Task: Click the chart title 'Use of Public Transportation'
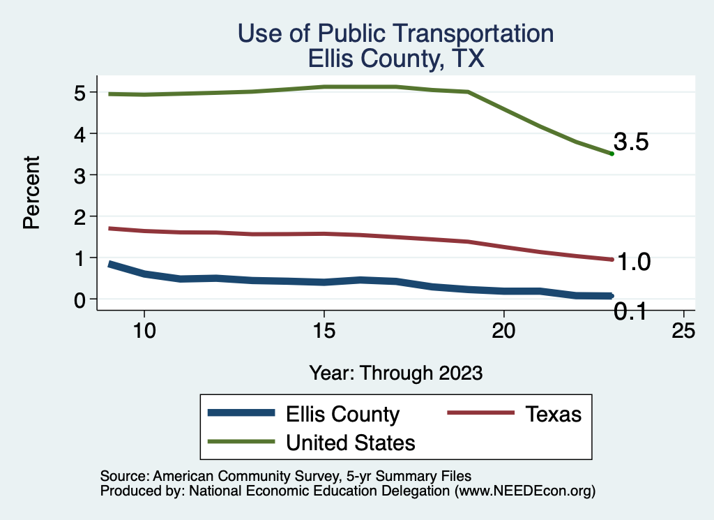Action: (x=395, y=34)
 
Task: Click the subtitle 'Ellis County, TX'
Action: (x=395, y=59)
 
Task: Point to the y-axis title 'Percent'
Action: (x=30, y=202)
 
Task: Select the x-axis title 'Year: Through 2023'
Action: (x=395, y=373)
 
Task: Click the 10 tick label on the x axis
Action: (x=144, y=331)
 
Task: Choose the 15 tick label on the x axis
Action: (x=324, y=331)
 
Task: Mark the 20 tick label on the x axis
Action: (x=503, y=331)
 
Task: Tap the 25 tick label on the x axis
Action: (x=683, y=331)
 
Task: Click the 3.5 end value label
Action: (x=631, y=142)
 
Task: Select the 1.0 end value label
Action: (x=634, y=262)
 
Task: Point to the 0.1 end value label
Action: (x=631, y=313)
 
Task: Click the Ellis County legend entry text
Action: (x=342, y=414)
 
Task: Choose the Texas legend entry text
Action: (x=553, y=414)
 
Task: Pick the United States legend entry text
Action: (x=351, y=442)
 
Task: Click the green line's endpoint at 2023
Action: (x=612, y=154)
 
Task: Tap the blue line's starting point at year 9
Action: (x=109, y=264)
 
